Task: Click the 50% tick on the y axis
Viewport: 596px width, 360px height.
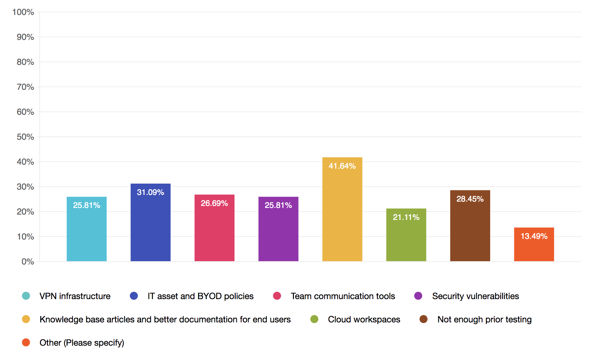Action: pyautogui.click(x=25, y=137)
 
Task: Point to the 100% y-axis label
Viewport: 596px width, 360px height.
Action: pyautogui.click(x=23, y=12)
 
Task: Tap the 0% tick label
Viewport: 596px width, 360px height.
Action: pyautogui.click(x=28, y=262)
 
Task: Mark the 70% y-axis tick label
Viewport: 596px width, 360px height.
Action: pyautogui.click(x=25, y=87)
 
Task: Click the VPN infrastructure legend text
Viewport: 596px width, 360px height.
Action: pyautogui.click(x=75, y=296)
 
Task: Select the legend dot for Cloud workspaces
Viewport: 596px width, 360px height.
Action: pyautogui.click(x=314, y=319)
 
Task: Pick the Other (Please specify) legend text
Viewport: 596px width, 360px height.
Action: pyautogui.click(x=82, y=343)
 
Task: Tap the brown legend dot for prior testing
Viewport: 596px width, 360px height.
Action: pyautogui.click(x=424, y=319)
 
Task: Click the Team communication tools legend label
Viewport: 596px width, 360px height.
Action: pyautogui.click(x=343, y=296)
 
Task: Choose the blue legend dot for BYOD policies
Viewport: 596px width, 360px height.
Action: pyautogui.click(x=134, y=296)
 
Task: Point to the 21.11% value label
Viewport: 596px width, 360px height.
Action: pyautogui.click(x=406, y=217)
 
